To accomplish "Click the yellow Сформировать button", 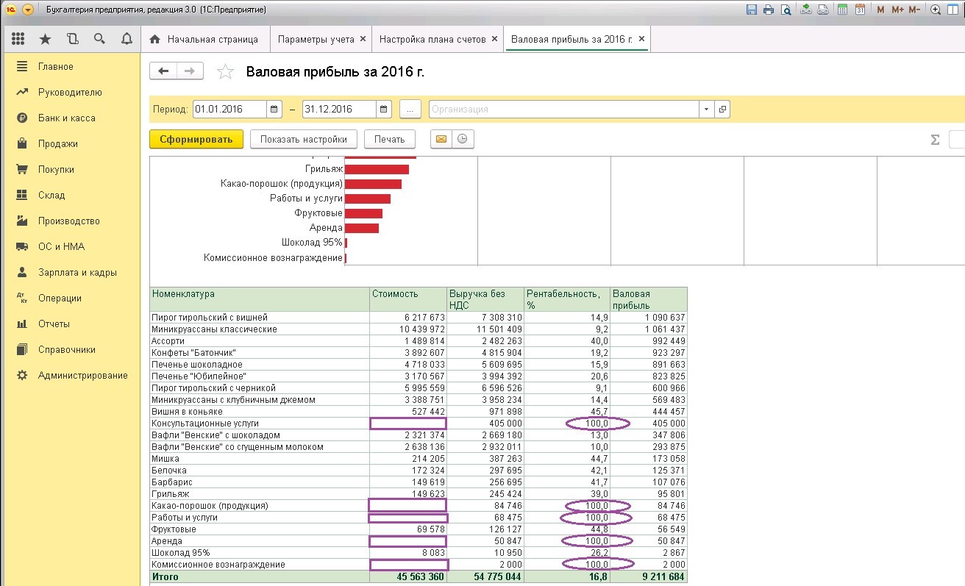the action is (196, 139).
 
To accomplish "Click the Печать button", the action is (389, 139).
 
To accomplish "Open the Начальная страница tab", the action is (204, 39).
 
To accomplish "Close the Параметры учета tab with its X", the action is (363, 39).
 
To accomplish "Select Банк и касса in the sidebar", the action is (67, 118).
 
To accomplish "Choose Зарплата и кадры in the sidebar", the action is (77, 273).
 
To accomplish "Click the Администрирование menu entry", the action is (82, 376).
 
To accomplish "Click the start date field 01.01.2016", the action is (229, 109).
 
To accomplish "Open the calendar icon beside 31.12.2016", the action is (383, 109).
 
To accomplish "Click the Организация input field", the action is (563, 109).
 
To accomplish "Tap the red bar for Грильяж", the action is (377, 169).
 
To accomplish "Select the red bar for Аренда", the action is (361, 228).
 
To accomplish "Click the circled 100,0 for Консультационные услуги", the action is (597, 424).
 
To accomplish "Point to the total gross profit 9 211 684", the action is (663, 576).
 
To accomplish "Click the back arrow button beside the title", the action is (163, 71).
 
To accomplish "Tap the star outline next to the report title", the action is (225, 71).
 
